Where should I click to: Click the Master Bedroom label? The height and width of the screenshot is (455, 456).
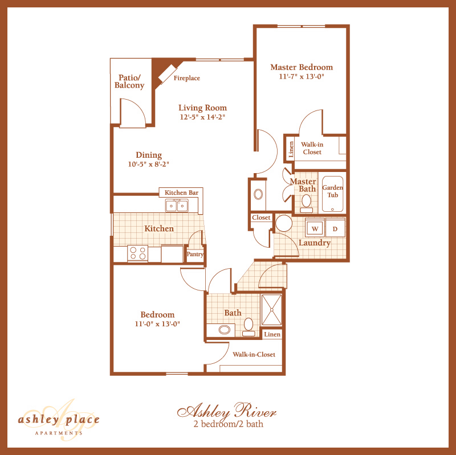tap(301, 67)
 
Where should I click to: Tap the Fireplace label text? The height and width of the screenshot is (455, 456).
tap(187, 79)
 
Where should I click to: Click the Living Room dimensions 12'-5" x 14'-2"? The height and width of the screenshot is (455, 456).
tap(202, 117)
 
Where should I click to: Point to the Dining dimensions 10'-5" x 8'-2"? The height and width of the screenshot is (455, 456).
tap(149, 164)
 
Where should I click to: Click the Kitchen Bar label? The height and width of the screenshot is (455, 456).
tap(181, 193)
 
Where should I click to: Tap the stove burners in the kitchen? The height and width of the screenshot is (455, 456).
tap(137, 253)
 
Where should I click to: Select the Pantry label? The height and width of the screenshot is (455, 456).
tap(195, 255)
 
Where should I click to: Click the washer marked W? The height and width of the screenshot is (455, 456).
tap(314, 228)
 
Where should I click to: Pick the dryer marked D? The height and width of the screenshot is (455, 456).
tap(335, 228)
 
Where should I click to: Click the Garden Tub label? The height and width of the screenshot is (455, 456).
tap(333, 191)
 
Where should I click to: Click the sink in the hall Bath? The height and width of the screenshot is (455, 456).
tap(225, 329)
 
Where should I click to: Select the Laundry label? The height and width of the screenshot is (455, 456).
tap(315, 243)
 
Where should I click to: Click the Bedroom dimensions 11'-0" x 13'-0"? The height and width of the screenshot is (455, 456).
tap(157, 325)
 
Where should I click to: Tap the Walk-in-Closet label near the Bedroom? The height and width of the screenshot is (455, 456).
tap(254, 354)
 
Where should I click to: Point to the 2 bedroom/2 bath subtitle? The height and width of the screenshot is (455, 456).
tap(227, 424)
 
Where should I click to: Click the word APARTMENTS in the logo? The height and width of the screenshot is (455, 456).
tap(58, 433)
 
